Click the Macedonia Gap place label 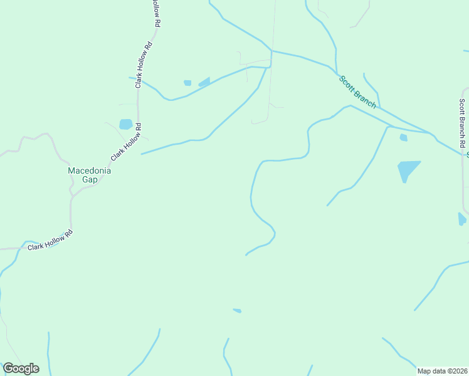[x=90, y=175]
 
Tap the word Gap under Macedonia [x=90, y=180]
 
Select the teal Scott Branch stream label [x=357, y=92]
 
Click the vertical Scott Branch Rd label [x=462, y=123]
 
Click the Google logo [x=21, y=368]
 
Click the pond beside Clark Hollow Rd [x=126, y=124]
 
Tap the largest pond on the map [x=408, y=169]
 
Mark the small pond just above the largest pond [x=403, y=137]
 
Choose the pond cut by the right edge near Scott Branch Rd [x=462, y=219]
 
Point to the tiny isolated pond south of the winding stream [x=237, y=310]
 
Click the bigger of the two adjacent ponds [x=204, y=82]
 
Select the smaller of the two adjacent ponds [x=187, y=83]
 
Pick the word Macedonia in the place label [x=90, y=170]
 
